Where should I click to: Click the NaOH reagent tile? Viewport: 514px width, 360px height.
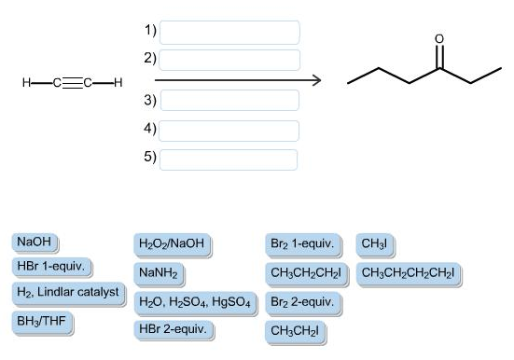point(35,242)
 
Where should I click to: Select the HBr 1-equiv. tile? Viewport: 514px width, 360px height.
point(52,267)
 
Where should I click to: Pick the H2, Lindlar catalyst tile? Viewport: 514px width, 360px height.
point(68,294)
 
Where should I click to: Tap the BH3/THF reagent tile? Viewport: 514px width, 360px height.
point(42,323)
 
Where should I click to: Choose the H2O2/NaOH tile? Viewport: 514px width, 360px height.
point(173,244)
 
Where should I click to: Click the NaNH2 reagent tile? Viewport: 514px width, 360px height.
point(159,274)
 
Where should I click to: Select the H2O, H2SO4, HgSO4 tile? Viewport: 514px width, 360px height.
point(195,303)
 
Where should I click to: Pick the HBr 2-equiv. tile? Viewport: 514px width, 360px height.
point(174,330)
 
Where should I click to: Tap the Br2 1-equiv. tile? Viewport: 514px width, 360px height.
point(303,244)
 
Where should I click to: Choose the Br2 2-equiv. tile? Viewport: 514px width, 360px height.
point(303,303)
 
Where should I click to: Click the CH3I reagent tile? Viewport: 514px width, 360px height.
point(375,244)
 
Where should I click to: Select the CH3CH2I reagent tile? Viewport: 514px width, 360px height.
point(296,332)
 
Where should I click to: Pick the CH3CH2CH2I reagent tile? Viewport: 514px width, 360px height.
point(307,274)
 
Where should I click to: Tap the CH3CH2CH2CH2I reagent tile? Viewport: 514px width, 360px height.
point(409,274)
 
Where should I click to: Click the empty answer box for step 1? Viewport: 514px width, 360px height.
point(229,33)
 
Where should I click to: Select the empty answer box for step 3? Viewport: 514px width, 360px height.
point(229,100)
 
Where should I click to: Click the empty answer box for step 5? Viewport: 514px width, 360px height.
point(229,159)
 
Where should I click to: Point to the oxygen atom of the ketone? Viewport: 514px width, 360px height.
point(439,39)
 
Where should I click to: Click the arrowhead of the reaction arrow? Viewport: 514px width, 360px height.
point(317,80)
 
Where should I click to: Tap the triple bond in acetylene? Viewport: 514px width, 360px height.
point(72,83)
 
